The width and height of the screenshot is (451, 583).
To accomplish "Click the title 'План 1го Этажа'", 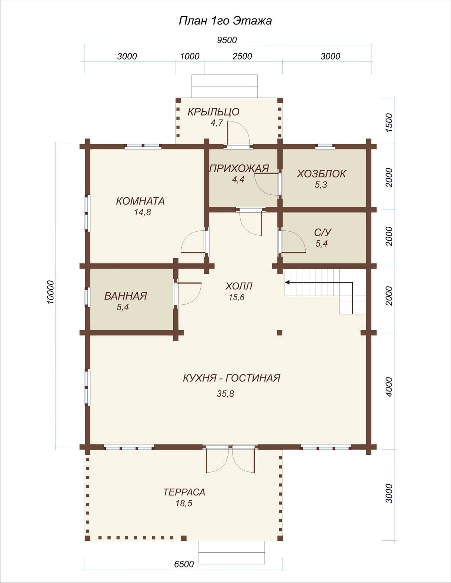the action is tap(225, 21).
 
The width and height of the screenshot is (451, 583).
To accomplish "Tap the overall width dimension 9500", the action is tap(227, 40).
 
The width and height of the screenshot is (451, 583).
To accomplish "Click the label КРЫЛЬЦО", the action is tap(213, 111).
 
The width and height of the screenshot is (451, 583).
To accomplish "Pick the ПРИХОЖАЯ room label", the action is tap(239, 169).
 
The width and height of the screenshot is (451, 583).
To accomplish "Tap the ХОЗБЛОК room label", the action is tap(321, 174).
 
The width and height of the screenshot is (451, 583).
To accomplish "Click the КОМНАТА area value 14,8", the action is tap(143, 213).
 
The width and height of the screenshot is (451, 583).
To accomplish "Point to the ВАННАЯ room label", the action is tap(126, 296).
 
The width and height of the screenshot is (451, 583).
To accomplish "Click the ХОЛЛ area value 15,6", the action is tap(237, 297).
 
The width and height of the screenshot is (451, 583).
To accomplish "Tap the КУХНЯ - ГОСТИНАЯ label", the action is tap(232, 378).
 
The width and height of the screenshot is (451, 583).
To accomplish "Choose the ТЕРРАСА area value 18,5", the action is tap(184, 503).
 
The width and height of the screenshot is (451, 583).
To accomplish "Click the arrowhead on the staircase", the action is tap(287, 282).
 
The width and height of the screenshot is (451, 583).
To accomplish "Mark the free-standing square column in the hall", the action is tap(280, 333).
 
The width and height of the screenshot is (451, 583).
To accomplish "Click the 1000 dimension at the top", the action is tap(190, 56).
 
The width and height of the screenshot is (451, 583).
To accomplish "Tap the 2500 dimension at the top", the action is tap(243, 56).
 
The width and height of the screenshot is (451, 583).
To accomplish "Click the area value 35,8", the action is tap(225, 394).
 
